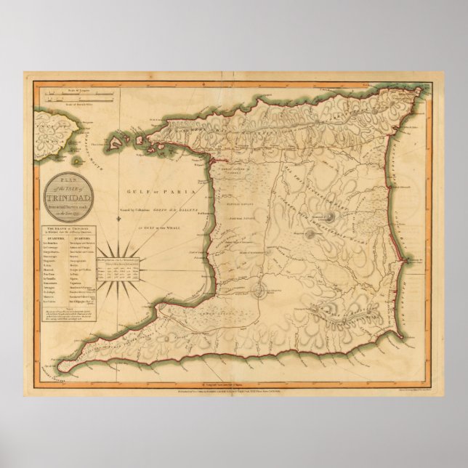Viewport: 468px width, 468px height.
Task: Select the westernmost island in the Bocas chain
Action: coord(117,140)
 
